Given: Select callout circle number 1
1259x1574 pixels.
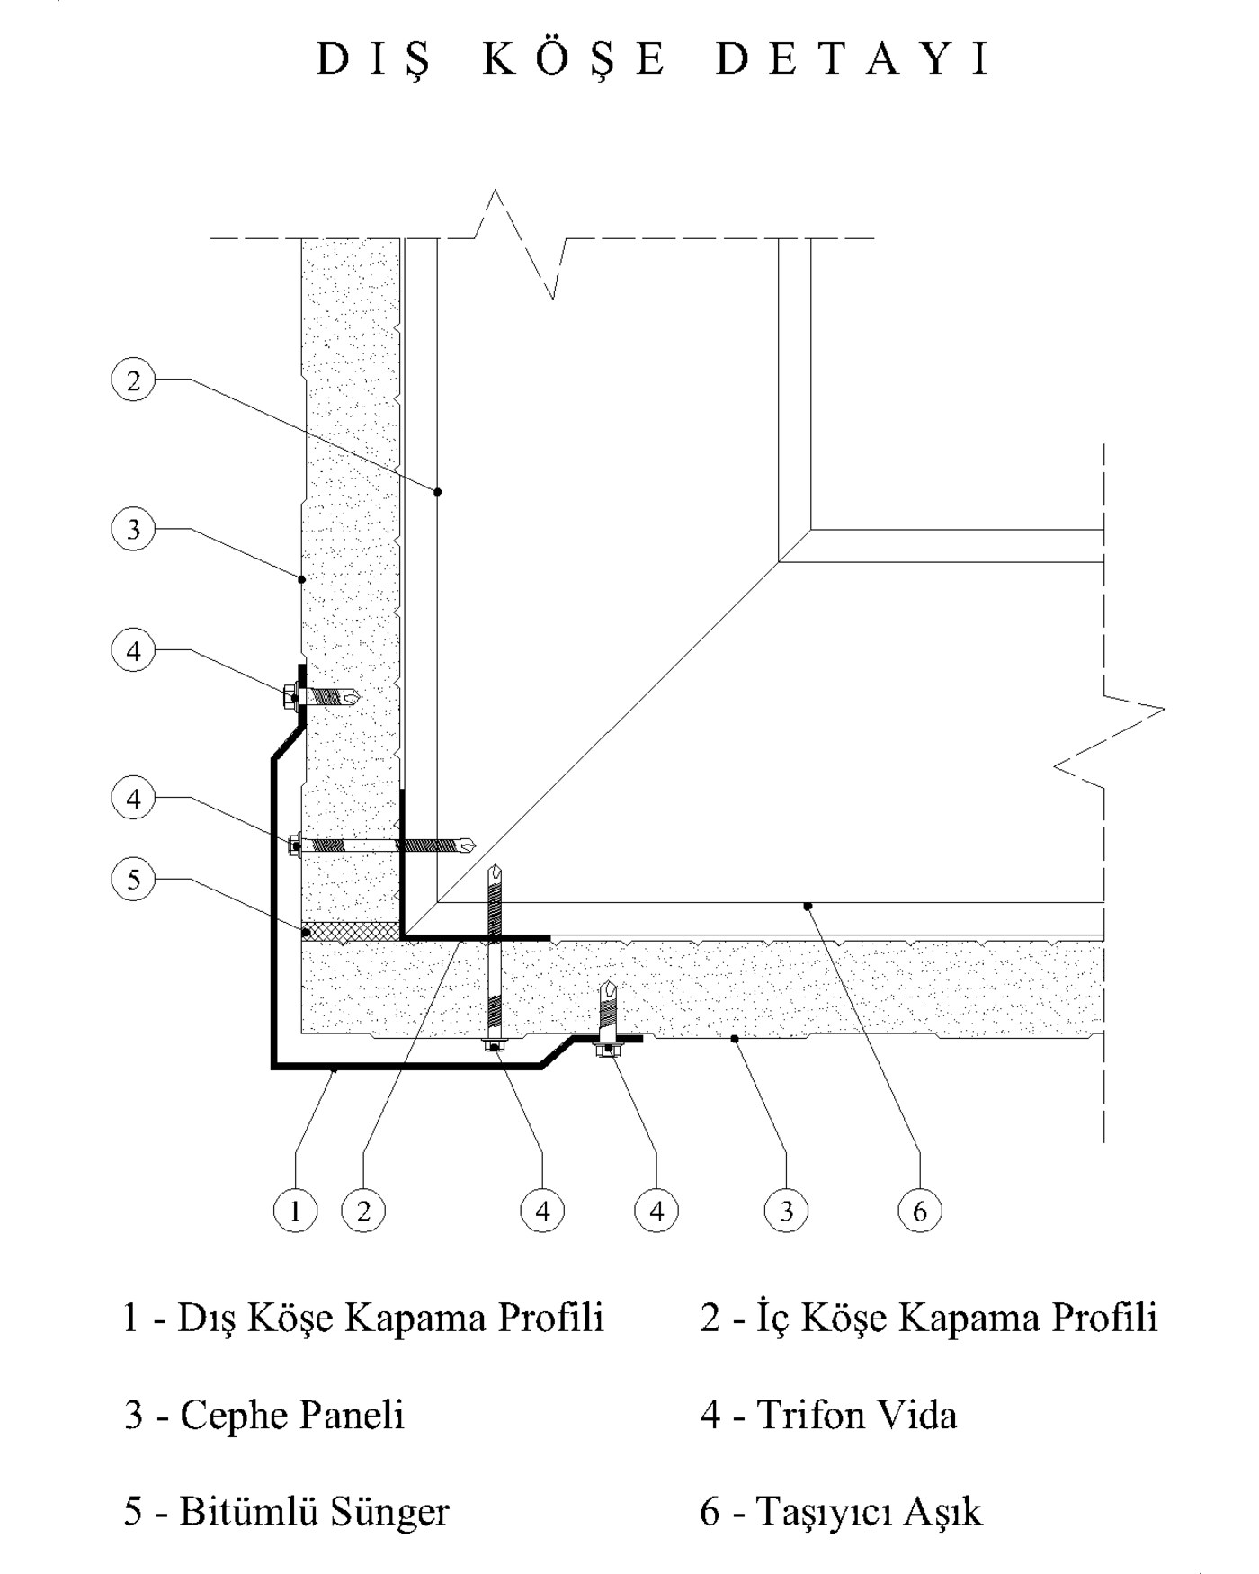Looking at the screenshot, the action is click(x=295, y=1211).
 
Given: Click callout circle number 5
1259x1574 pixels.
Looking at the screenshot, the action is click(x=133, y=879).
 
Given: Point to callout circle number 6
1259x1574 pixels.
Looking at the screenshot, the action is click(x=919, y=1211).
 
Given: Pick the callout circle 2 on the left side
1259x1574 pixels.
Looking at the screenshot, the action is click(x=133, y=380).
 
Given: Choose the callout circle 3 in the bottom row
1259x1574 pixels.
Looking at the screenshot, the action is click(x=786, y=1211).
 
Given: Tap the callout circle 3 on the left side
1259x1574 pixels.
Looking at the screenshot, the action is click(x=133, y=529).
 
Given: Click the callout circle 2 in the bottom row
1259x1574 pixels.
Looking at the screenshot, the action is click(x=363, y=1211).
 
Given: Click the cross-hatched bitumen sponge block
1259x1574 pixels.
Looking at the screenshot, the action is click(x=351, y=931).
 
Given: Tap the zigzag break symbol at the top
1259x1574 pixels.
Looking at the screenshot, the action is click(x=522, y=243).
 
